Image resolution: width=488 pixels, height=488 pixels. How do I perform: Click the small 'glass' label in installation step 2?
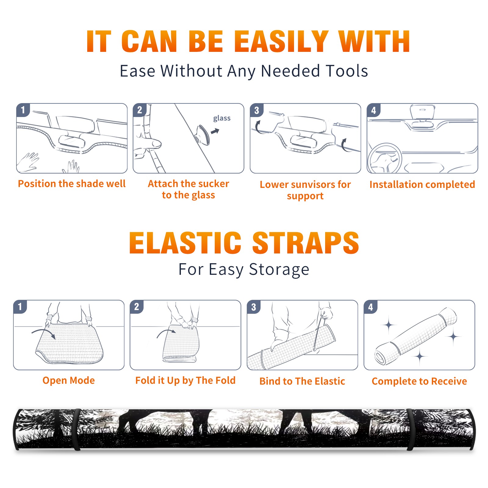click(x=222, y=118)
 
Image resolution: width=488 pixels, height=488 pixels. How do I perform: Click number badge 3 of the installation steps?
click(x=257, y=110)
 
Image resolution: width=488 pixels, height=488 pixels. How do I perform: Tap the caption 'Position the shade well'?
click(x=72, y=184)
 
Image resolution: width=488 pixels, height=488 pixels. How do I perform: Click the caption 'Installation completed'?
click(x=422, y=185)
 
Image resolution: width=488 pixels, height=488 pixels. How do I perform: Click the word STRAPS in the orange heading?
click(x=306, y=243)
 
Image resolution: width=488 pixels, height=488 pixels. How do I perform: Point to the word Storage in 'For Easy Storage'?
click(x=279, y=270)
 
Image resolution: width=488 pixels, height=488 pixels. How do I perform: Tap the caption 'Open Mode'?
click(x=69, y=380)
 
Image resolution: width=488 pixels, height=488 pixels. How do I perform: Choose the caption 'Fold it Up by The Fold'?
click(x=185, y=380)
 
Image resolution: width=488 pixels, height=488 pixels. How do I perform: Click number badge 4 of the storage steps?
click(x=371, y=307)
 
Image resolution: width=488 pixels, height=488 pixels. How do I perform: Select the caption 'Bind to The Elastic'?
click(x=302, y=381)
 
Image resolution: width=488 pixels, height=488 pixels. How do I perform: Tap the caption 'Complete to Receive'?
click(x=419, y=381)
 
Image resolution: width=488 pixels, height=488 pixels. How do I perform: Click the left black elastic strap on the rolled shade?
click(x=76, y=429)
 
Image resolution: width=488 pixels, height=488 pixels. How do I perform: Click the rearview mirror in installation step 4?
click(x=422, y=112)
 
